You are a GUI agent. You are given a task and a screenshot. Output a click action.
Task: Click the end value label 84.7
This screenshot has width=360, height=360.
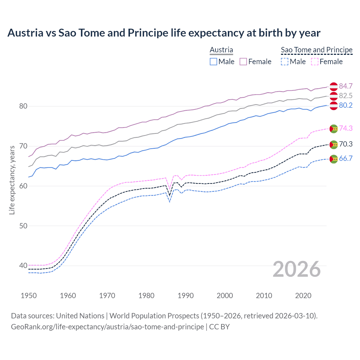pyautogui.click(x=346, y=86)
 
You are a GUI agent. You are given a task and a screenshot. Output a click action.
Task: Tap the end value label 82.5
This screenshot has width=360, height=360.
pyautogui.click(x=346, y=96)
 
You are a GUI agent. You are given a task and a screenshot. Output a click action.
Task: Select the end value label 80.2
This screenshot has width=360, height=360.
pyautogui.click(x=346, y=105)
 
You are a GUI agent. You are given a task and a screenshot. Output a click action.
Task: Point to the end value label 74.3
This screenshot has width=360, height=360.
pyautogui.click(x=346, y=128)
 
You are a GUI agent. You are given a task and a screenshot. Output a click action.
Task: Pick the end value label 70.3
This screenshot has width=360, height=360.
pyautogui.click(x=346, y=144)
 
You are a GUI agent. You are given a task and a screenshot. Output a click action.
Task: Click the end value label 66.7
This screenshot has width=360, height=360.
pyautogui.click(x=346, y=158)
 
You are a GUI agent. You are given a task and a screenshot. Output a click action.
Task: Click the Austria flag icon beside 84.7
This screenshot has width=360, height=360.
pyautogui.click(x=334, y=87)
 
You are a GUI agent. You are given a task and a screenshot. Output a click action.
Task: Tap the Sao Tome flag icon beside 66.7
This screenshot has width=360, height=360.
pyautogui.click(x=334, y=159)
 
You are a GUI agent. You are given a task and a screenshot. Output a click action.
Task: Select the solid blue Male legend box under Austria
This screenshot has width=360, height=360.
pyautogui.click(x=213, y=62)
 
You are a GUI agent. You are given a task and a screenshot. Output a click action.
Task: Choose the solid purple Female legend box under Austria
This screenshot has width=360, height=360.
pyautogui.click(x=243, y=62)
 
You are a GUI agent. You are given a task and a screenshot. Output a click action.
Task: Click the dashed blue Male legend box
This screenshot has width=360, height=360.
pyautogui.click(x=285, y=62)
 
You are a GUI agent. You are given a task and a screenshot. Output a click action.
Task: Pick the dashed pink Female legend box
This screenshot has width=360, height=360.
pyautogui.click(x=315, y=62)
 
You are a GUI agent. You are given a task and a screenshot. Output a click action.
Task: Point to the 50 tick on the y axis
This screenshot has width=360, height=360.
pyautogui.click(x=23, y=226)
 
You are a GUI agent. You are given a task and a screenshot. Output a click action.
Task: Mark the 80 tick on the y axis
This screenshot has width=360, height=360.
pyautogui.click(x=23, y=106)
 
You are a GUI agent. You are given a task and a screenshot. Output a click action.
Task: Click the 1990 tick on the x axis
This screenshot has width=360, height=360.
pyautogui.click(x=186, y=296)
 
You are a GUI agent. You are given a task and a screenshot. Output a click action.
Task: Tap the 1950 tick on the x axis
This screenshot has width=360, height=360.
pyautogui.click(x=29, y=296)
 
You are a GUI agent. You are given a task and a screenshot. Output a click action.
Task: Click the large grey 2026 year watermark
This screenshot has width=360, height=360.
pyautogui.click(x=297, y=269)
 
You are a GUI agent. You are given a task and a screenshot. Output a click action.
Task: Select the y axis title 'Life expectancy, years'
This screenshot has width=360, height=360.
pyautogui.click(x=12, y=180)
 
